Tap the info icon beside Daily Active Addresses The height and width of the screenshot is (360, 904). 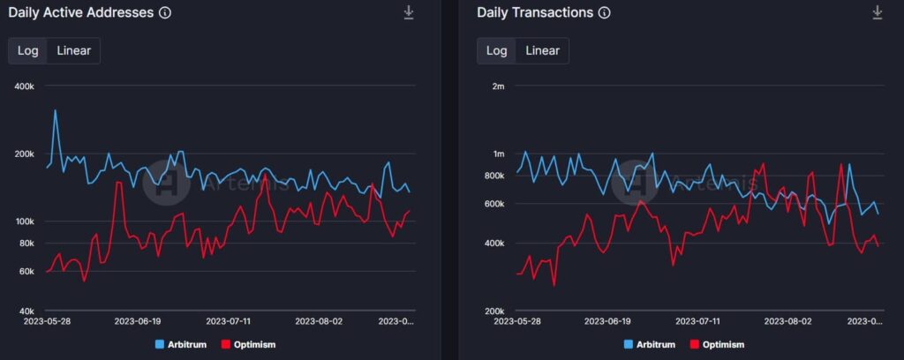pyautogui.click(x=164, y=13)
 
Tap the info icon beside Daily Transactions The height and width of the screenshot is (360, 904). pyautogui.click(x=604, y=13)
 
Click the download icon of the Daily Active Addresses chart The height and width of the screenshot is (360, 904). pyautogui.click(x=409, y=12)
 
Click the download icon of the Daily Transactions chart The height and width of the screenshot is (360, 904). pyautogui.click(x=877, y=12)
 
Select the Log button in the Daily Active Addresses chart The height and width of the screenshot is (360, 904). pyautogui.click(x=28, y=50)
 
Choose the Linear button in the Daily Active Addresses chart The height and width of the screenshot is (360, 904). pyautogui.click(x=73, y=50)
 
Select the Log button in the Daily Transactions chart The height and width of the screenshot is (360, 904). pyautogui.click(x=496, y=50)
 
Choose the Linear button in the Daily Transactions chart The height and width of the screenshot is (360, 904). pyautogui.click(x=542, y=50)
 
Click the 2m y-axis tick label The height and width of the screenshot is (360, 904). pyautogui.click(x=498, y=86)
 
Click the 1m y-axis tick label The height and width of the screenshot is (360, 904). pyautogui.click(x=498, y=154)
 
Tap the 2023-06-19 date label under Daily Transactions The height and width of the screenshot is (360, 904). pyautogui.click(x=607, y=323)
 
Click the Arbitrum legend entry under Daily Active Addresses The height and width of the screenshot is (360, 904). pyautogui.click(x=180, y=344)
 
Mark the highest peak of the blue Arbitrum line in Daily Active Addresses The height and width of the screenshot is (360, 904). pyautogui.click(x=56, y=110)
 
